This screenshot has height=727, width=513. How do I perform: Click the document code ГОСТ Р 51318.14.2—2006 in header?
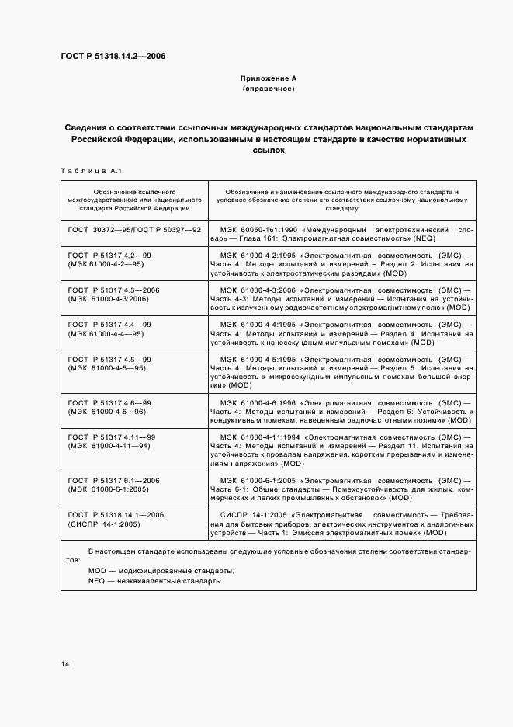pos(113,56)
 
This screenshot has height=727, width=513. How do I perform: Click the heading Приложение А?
pos(268,78)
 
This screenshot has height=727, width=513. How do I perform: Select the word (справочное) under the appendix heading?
pos(268,89)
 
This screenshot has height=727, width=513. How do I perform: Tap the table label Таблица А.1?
pos(85,171)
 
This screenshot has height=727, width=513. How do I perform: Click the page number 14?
pos(65,663)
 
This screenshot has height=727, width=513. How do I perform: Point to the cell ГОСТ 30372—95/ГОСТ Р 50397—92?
pos(135,231)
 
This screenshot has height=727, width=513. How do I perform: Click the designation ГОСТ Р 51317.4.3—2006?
pos(113,290)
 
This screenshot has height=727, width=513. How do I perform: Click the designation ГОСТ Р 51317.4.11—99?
pos(112,437)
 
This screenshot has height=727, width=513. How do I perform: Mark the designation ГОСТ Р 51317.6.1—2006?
pos(113,481)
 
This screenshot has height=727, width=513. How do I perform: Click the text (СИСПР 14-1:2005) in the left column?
pos(102,524)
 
